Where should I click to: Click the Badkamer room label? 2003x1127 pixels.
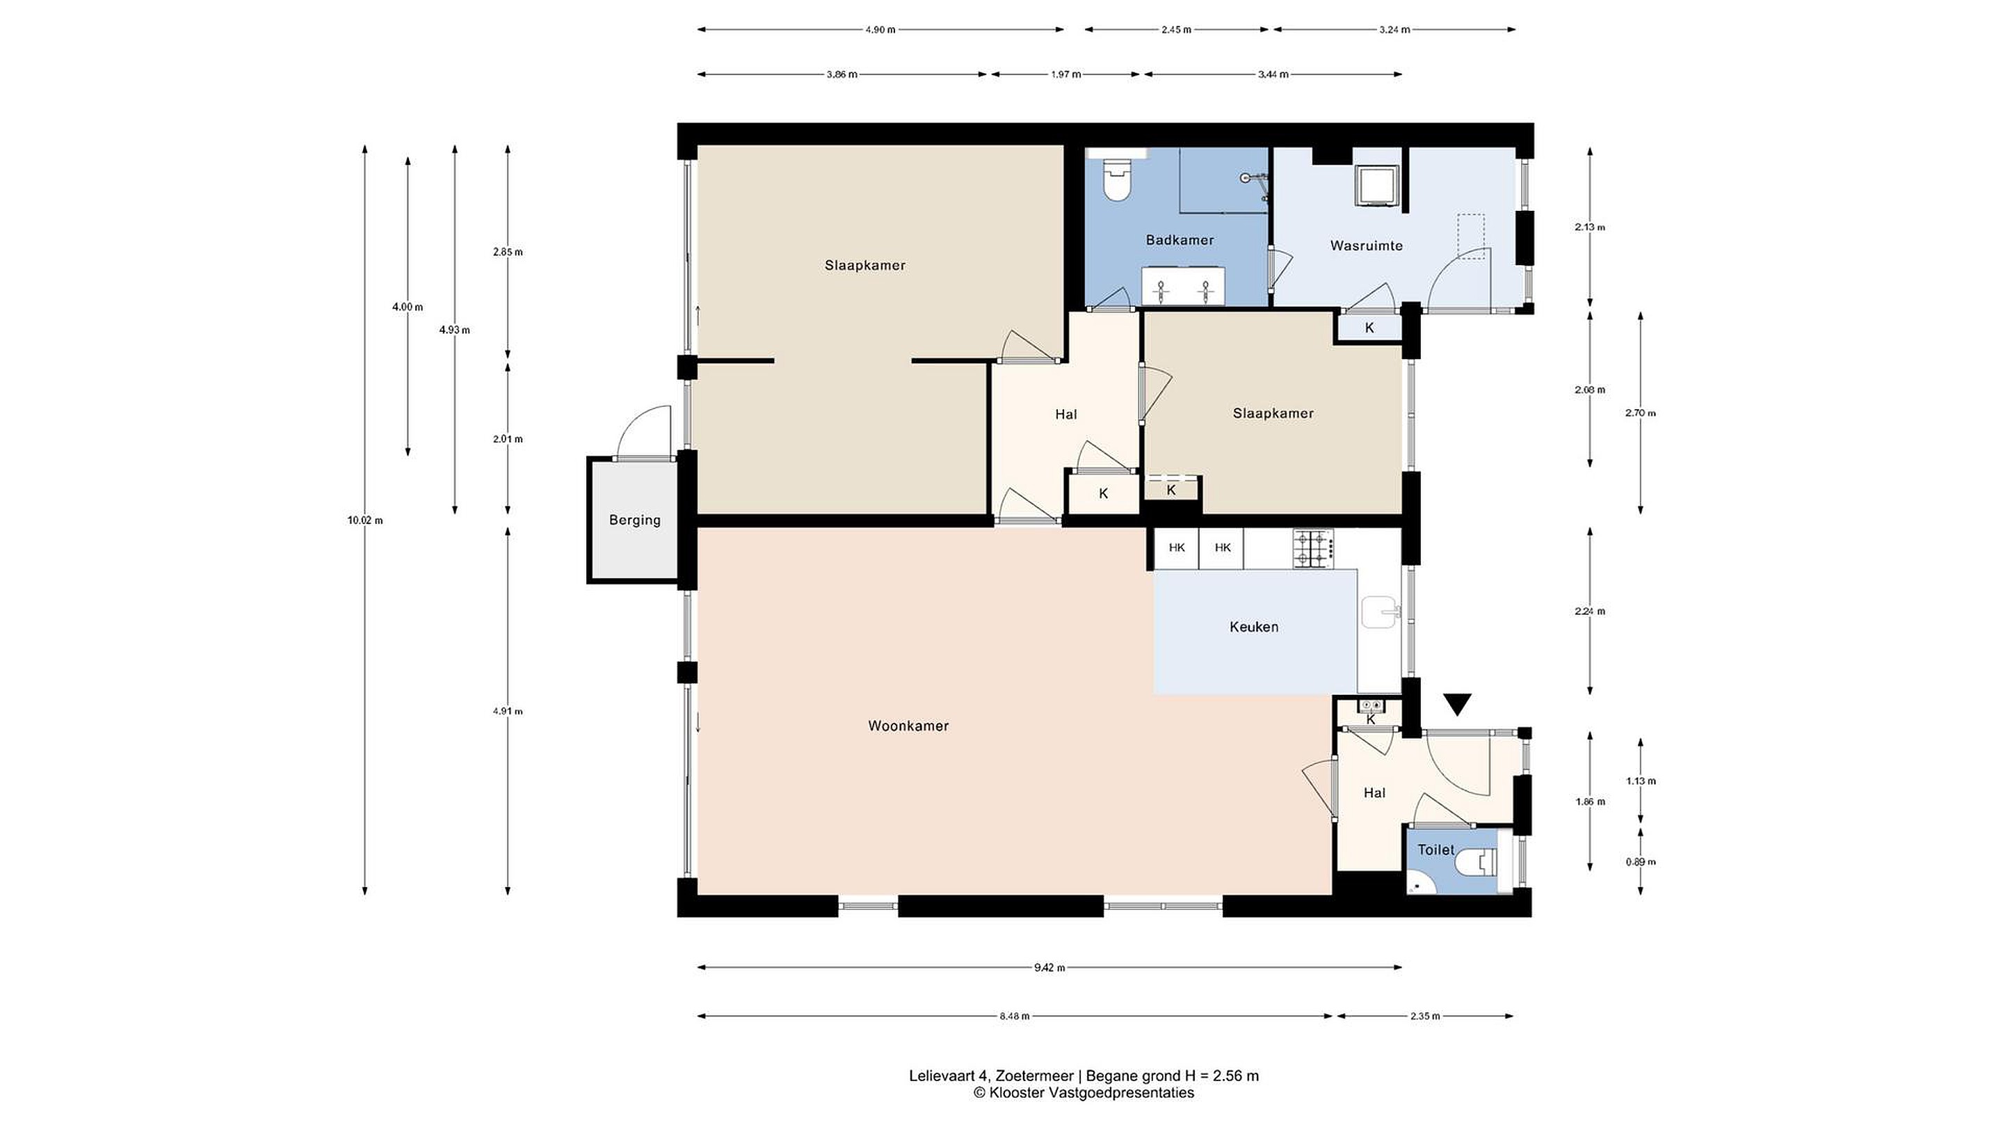[1180, 240]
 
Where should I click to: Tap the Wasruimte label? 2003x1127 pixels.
[1366, 246]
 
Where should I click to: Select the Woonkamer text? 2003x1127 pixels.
[908, 726]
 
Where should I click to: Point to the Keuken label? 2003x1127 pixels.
[1253, 627]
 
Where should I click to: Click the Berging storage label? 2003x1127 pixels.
[634, 520]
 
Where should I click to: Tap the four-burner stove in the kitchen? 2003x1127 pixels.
[1313, 548]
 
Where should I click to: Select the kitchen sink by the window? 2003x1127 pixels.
[1380, 612]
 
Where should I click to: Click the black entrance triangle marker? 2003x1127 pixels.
[1457, 705]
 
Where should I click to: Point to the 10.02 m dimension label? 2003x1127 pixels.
[364, 520]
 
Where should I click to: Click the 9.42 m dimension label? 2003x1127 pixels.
[1049, 968]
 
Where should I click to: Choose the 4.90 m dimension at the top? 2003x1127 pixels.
[880, 29]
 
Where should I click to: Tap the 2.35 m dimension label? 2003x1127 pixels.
[1424, 1016]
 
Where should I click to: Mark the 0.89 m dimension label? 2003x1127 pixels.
[1641, 862]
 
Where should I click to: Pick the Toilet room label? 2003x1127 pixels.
[1435, 850]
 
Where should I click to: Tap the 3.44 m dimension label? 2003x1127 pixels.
[1273, 74]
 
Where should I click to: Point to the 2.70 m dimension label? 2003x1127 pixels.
[1641, 413]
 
